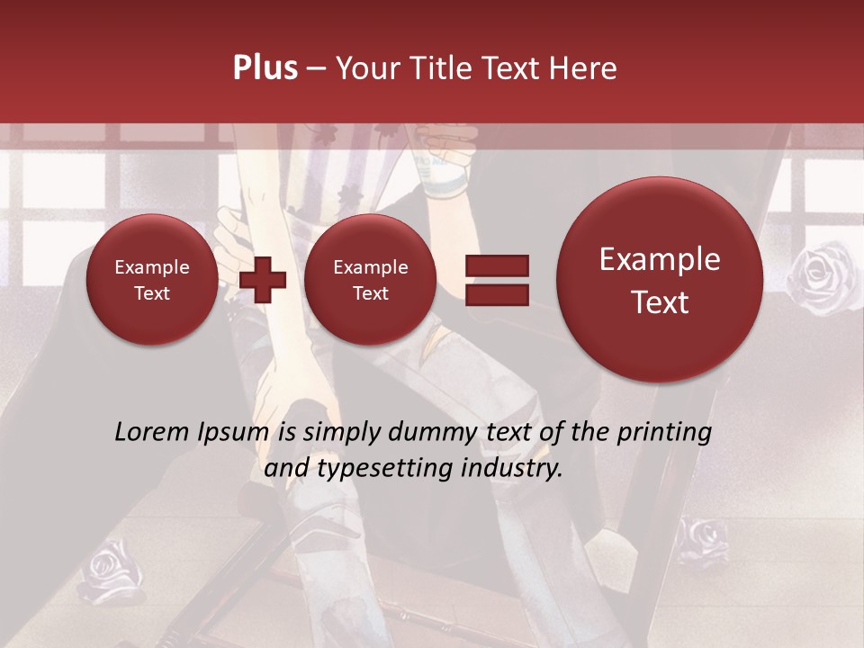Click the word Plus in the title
coord(265,68)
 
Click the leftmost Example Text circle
coord(152,280)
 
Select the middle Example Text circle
coord(370,280)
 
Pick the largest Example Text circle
coord(660,280)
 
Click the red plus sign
coord(262,279)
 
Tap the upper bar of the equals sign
coord(496,265)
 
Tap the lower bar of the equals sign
coord(496,294)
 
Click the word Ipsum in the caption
coord(238,433)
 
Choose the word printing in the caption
coord(664,433)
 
